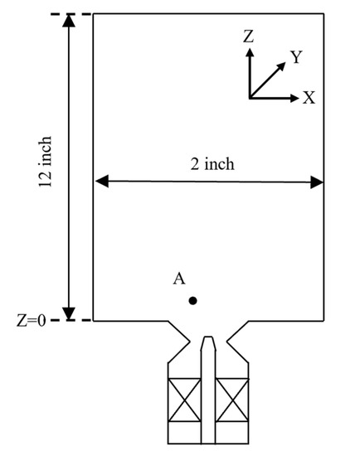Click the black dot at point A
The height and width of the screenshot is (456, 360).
click(192, 301)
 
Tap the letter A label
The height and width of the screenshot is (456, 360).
click(178, 279)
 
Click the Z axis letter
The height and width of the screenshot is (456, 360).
click(248, 36)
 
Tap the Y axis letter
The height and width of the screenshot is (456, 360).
click(294, 56)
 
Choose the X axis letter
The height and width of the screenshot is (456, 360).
click(309, 98)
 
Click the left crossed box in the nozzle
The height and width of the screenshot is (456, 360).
click(182, 400)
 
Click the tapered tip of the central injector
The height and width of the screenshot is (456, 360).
click(209, 341)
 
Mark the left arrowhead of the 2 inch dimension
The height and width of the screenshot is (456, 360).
click(99, 182)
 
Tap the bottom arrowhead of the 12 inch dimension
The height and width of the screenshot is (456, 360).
click(69, 313)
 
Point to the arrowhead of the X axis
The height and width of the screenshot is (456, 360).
click(294, 98)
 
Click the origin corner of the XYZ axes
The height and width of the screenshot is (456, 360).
click(249, 98)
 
